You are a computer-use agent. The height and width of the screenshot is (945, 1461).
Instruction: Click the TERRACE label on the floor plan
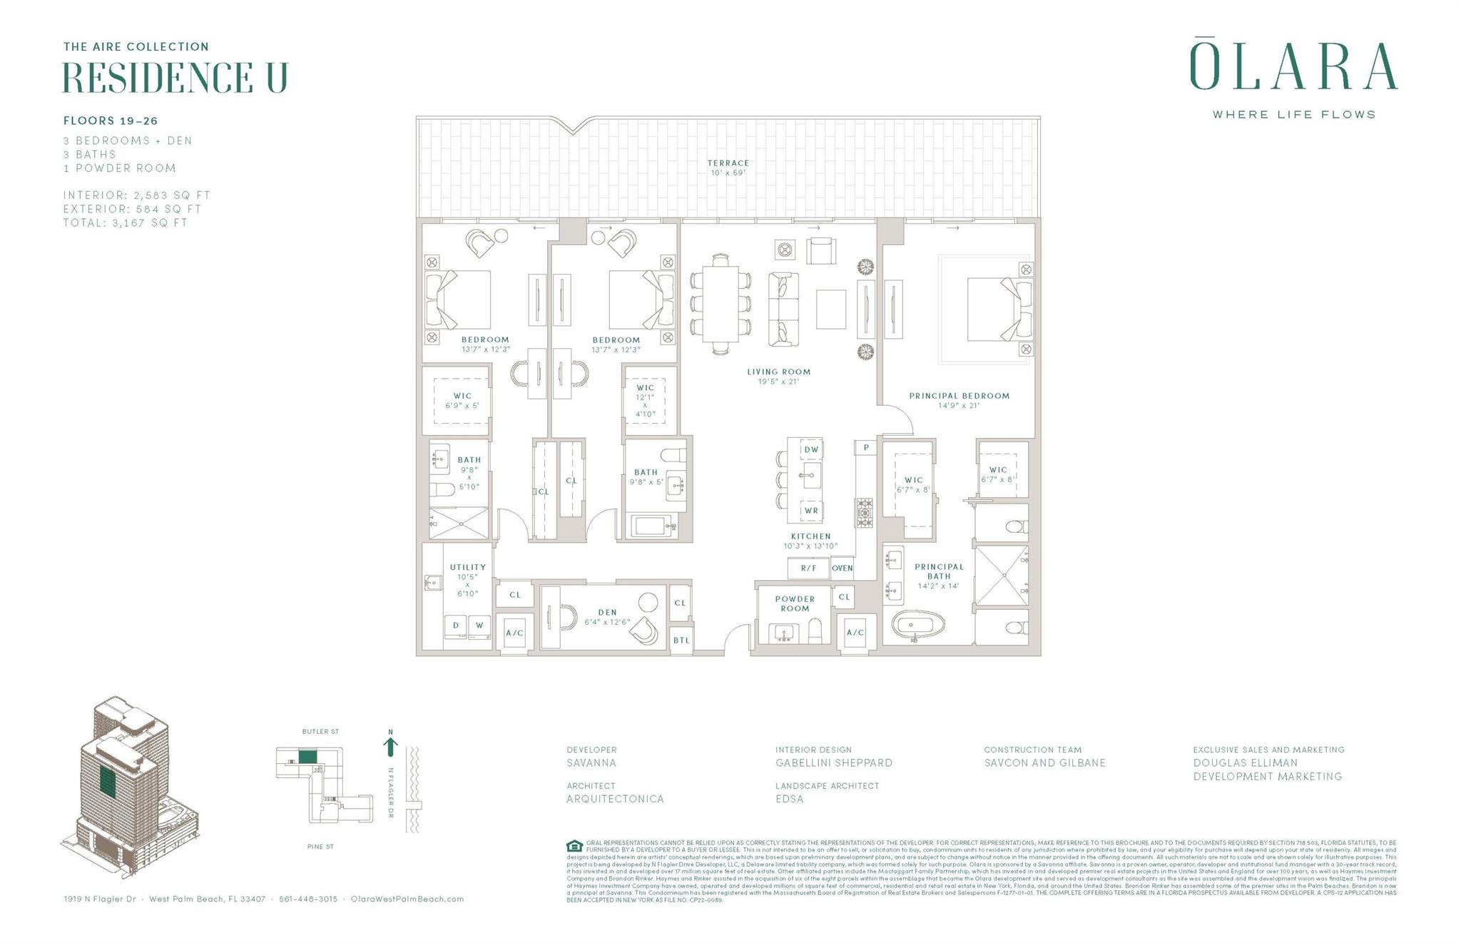click(728, 163)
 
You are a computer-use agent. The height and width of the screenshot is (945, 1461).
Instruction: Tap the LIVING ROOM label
click(778, 372)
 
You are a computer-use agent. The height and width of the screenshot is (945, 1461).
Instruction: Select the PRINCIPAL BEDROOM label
click(959, 396)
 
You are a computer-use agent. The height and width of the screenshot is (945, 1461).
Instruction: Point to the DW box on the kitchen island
click(811, 450)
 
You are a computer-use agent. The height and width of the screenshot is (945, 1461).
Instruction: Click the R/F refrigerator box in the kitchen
click(808, 568)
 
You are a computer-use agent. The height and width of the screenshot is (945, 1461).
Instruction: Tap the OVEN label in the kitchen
click(843, 568)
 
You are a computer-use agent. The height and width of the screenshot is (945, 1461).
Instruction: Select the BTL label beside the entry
click(681, 640)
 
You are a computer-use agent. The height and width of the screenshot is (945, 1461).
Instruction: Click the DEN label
click(607, 612)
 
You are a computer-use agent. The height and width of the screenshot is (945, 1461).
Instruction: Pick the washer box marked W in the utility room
click(479, 625)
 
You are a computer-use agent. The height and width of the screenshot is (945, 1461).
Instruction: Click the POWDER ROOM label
click(795, 603)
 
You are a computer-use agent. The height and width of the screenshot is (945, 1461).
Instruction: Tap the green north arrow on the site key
click(390, 747)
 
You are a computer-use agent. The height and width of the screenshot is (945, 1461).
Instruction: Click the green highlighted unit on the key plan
click(307, 757)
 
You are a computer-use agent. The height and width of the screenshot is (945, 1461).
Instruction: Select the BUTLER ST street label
click(320, 732)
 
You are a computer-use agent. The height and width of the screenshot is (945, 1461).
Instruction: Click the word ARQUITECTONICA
click(615, 799)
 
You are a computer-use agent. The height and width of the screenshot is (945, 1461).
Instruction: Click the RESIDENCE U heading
click(175, 78)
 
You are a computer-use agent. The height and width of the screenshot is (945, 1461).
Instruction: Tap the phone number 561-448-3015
click(308, 899)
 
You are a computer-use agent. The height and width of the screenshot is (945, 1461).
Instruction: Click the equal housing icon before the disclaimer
click(574, 847)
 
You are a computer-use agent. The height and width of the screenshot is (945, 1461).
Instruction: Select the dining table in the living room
click(720, 305)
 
